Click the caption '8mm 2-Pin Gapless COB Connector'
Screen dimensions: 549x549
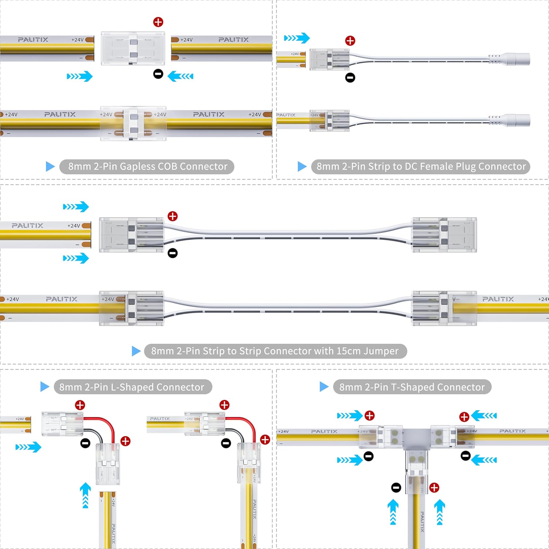coord(147,167)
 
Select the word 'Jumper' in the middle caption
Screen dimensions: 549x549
coord(381,351)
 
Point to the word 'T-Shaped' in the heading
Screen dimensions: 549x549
coord(412,387)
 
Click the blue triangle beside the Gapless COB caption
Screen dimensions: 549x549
coord(50,167)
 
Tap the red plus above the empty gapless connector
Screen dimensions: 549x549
coord(158,22)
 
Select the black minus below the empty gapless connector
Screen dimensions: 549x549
coord(158,74)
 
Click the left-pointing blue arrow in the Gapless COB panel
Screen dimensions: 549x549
coord(180,76)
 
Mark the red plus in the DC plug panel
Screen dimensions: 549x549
coord(350,41)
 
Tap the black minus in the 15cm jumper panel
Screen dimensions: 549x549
coord(172,253)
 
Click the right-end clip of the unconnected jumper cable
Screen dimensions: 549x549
coord(445,235)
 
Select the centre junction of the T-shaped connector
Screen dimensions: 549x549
coord(417,437)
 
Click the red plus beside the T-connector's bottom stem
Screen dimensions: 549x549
coord(434,488)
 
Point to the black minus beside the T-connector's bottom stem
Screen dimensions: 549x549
coord(396,488)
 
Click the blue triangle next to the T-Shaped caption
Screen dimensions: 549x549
coord(324,387)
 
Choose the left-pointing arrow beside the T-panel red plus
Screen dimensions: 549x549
coord(484,415)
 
